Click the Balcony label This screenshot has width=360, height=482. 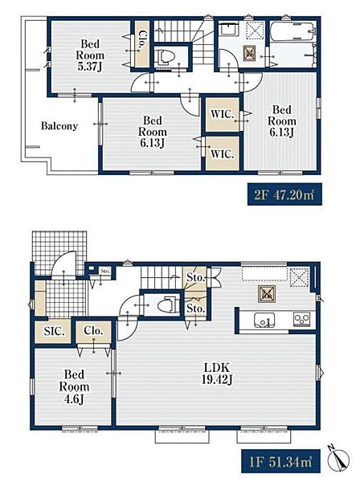(59, 126)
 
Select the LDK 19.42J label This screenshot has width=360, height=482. (217, 374)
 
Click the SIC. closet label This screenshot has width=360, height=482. (54, 331)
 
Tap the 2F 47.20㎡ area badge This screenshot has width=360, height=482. (284, 194)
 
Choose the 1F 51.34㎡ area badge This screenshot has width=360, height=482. (280, 461)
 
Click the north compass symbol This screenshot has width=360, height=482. (338, 460)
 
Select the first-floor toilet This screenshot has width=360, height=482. (168, 305)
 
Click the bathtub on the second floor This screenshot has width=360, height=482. (293, 31)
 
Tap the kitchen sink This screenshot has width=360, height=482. (264, 321)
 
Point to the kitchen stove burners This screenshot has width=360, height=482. (301, 319)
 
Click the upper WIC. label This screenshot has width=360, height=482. (223, 114)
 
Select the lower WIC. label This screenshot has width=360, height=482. (223, 153)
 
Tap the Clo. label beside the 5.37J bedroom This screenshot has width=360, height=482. (142, 39)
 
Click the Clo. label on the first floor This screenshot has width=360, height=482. (93, 331)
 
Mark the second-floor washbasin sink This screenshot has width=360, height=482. (227, 31)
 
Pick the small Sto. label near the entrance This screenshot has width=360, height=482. (105, 272)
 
